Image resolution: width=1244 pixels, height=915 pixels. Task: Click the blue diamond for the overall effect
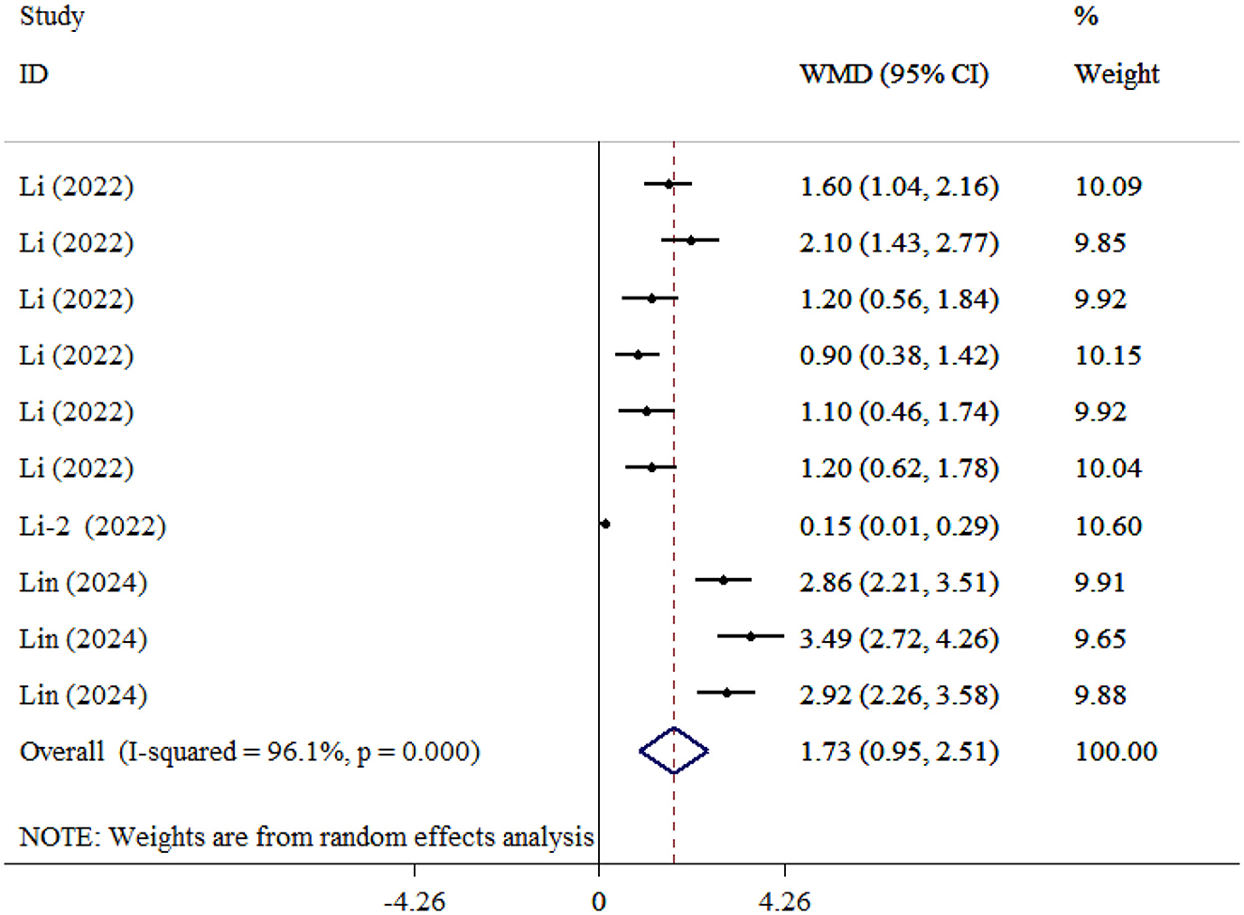pyautogui.click(x=673, y=751)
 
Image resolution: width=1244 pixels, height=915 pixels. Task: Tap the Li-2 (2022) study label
pyautogui.click(x=92, y=526)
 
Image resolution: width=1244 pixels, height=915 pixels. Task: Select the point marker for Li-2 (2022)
pyautogui.click(x=606, y=524)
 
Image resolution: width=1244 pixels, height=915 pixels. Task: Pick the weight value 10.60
pyautogui.click(x=1108, y=526)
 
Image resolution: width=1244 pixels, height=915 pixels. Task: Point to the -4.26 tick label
pyautogui.click(x=415, y=902)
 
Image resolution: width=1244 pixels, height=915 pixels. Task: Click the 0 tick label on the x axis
pyautogui.click(x=599, y=902)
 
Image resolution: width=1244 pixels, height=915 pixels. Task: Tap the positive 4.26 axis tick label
pyautogui.click(x=785, y=902)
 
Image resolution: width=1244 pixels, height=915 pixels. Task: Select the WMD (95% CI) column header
pyautogui.click(x=894, y=74)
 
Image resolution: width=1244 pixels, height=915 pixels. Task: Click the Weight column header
pyautogui.click(x=1116, y=74)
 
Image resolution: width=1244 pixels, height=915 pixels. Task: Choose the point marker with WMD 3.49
pyautogui.click(x=750, y=636)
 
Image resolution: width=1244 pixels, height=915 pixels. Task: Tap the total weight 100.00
pyautogui.click(x=1115, y=751)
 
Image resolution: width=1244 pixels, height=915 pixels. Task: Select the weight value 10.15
pyautogui.click(x=1108, y=356)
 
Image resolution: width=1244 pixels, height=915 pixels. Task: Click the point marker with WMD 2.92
pyautogui.click(x=727, y=693)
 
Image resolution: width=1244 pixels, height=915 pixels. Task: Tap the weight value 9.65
pyautogui.click(x=1099, y=638)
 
